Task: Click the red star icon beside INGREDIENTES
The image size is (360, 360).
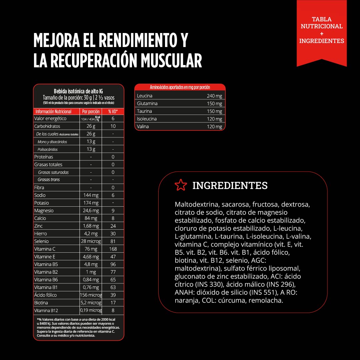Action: coord(181,185)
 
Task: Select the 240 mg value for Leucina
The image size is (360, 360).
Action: coord(214,96)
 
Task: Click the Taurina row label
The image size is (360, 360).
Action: coord(144,111)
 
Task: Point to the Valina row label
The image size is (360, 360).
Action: coord(143,127)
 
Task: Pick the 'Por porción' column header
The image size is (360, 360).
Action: coord(91,112)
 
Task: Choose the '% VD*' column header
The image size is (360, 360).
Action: coord(113,112)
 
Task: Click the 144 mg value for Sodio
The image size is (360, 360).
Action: coord(91,195)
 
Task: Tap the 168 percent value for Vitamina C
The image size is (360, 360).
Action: coord(113,249)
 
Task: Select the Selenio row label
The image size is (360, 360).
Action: coord(41,241)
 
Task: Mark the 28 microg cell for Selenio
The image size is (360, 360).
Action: coord(91,241)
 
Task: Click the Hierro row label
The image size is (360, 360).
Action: coord(41,234)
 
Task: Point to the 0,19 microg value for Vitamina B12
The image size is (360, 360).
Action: coord(91,310)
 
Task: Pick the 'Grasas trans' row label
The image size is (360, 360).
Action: coord(49,180)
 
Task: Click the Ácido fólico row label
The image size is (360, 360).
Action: coord(45,295)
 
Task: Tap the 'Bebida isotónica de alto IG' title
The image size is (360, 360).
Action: coord(78,91)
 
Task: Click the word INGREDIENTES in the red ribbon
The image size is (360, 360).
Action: coord(322,41)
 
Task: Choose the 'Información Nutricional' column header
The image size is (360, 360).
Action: coord(53,112)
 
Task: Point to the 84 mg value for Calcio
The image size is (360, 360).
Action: coord(91,218)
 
